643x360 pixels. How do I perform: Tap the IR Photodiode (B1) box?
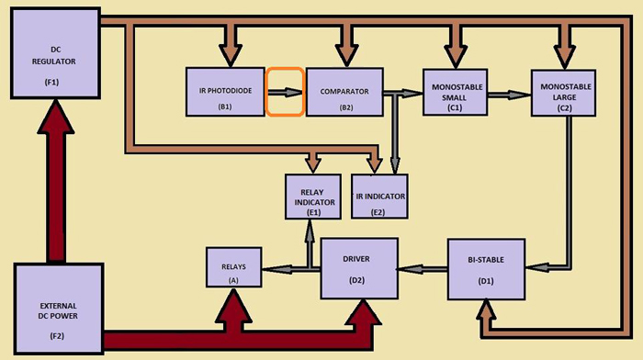[x=226, y=92]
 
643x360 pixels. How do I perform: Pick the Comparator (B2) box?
[x=344, y=92]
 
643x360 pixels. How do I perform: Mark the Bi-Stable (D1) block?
[x=486, y=267]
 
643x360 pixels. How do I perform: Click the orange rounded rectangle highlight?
[x=286, y=92]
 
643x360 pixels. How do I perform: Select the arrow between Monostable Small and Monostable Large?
[x=510, y=92]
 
